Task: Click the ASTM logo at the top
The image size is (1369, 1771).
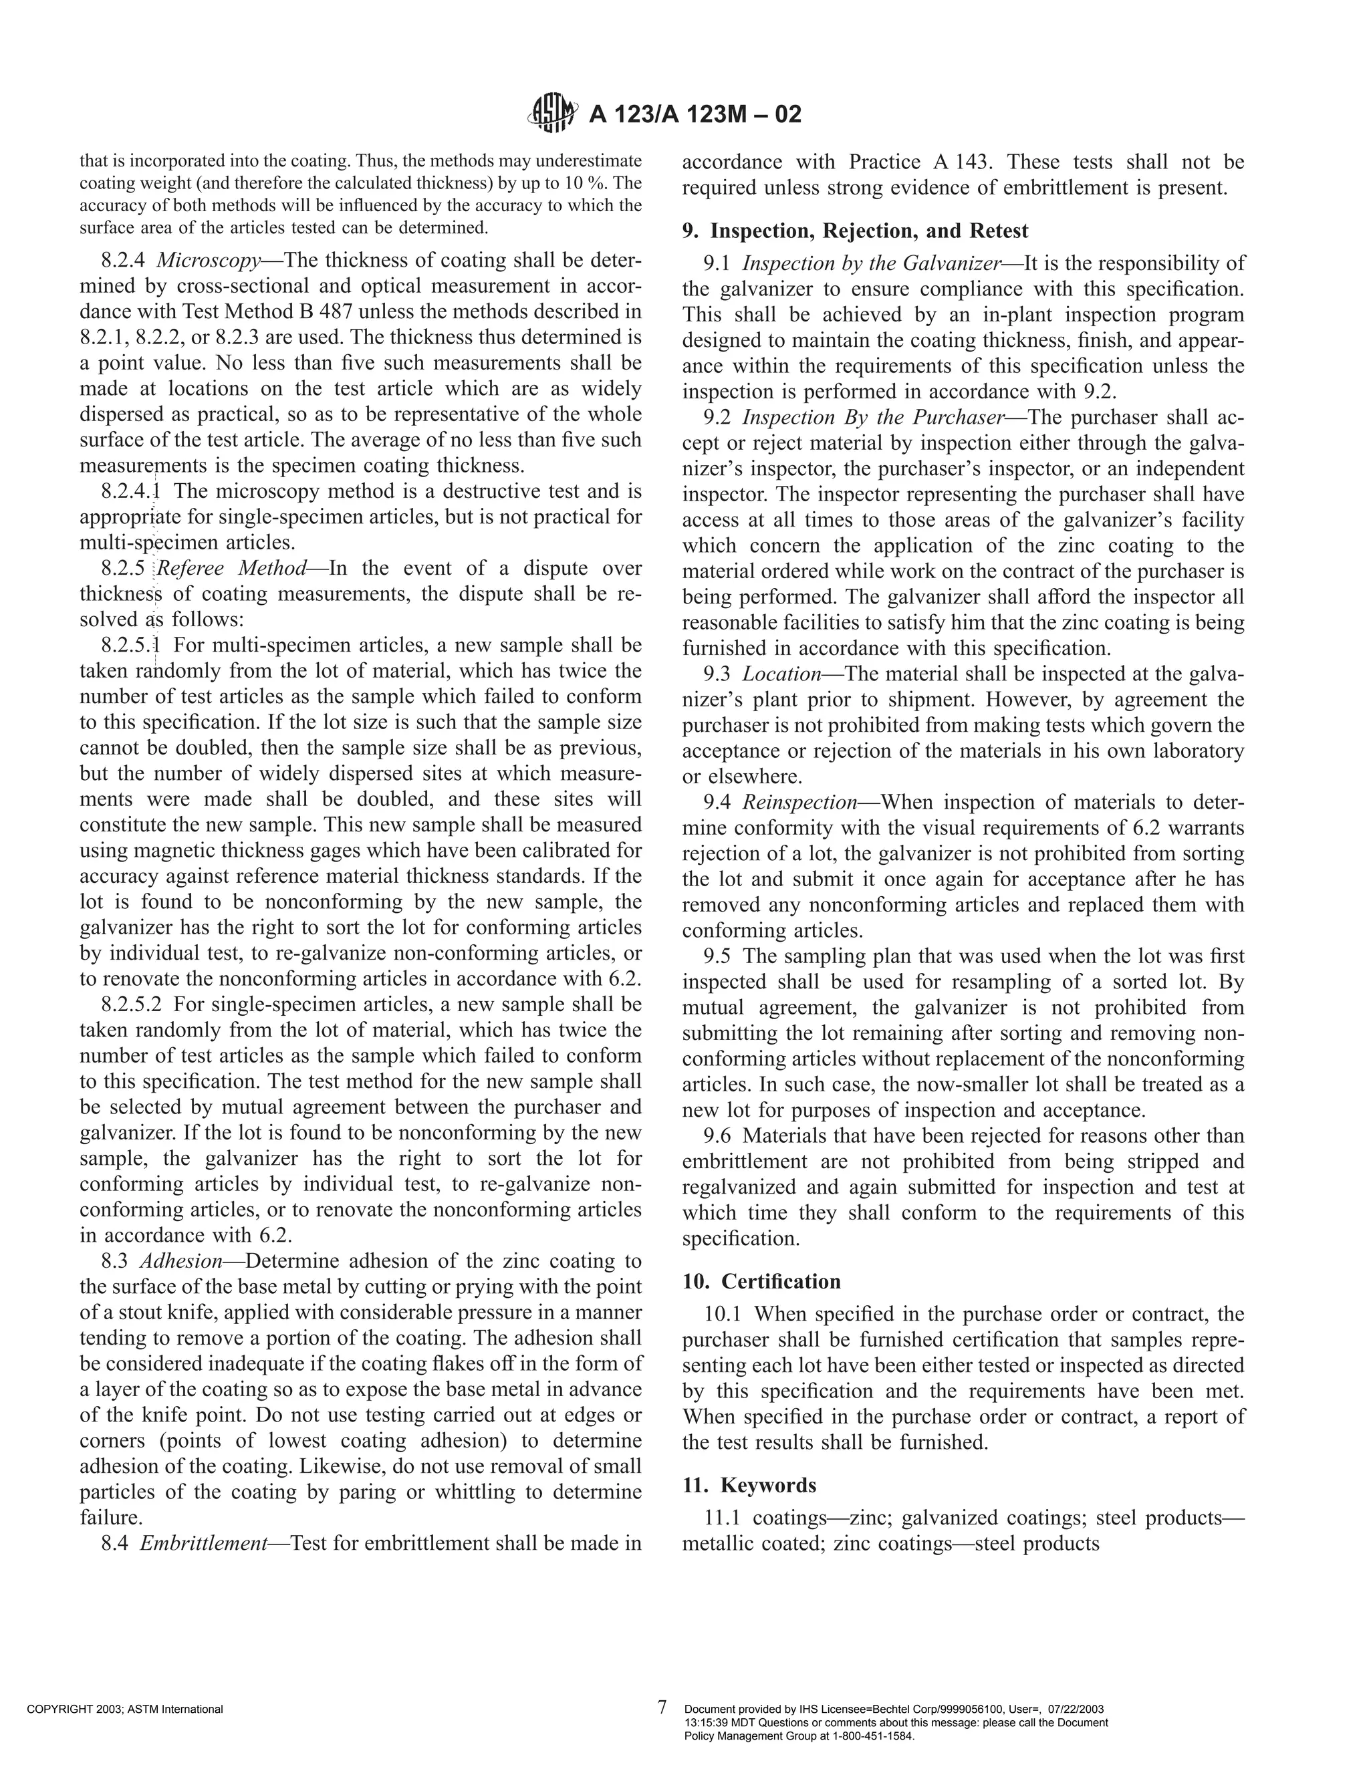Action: [x=554, y=113]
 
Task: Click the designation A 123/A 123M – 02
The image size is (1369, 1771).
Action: [x=695, y=114]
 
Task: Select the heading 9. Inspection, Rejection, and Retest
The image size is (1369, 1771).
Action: [x=855, y=231]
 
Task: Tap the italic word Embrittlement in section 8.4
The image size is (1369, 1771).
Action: [x=204, y=1543]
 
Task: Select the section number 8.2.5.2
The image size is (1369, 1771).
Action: [x=132, y=1004]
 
